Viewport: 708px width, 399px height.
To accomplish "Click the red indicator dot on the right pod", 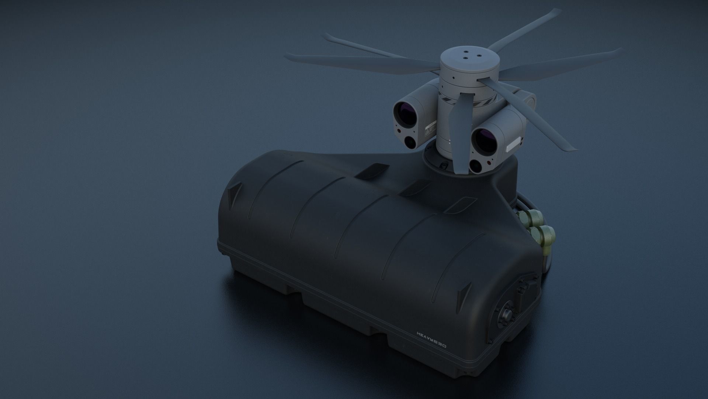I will click(x=487, y=162).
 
